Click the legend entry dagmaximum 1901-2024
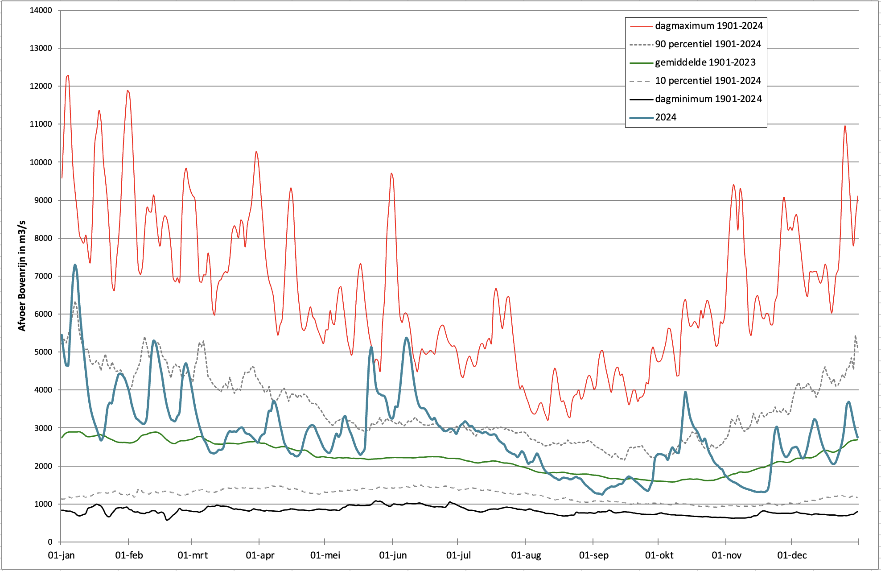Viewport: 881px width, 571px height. (708, 26)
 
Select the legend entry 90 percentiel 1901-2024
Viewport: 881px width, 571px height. (708, 44)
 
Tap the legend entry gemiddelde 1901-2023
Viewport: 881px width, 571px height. (705, 62)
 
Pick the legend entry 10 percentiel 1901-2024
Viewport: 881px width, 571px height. (708, 81)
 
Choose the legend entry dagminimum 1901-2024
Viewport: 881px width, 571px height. (708, 99)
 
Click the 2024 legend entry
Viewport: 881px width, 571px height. (665, 117)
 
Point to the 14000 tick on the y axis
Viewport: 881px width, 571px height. (41, 10)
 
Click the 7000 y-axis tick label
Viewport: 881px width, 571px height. (43, 276)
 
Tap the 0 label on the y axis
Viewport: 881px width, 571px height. (50, 542)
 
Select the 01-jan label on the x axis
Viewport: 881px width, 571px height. (62, 555)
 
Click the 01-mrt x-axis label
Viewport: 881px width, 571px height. (193, 555)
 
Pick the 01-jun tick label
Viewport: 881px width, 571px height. (393, 555)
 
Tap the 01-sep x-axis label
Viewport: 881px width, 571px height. (593, 555)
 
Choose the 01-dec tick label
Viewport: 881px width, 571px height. (792, 555)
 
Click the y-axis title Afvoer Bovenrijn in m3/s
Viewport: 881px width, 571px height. (22, 276)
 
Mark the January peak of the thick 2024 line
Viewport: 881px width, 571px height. (75, 265)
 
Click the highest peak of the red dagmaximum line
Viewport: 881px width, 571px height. (68, 76)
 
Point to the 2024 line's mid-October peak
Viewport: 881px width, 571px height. (685, 392)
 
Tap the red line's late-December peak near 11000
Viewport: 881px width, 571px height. (845, 126)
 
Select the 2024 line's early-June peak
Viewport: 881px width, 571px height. (406, 338)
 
